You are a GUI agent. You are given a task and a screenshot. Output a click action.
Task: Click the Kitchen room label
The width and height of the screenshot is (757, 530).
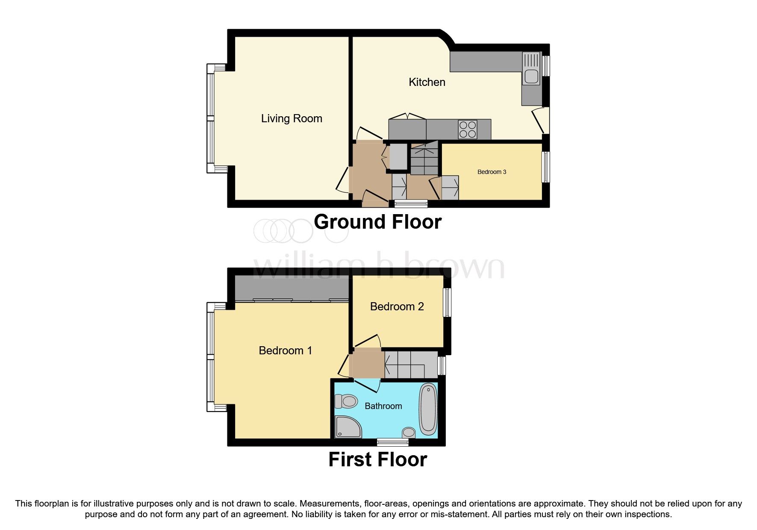click(427, 82)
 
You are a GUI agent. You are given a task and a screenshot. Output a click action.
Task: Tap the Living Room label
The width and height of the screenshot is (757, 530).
click(292, 118)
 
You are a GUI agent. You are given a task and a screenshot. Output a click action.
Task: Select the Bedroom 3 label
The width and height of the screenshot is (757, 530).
click(492, 172)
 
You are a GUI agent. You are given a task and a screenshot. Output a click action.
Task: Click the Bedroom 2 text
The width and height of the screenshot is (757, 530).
click(397, 306)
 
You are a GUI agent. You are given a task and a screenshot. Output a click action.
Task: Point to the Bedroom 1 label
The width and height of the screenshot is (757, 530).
click(285, 350)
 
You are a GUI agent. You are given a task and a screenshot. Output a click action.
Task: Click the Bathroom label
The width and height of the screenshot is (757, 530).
click(383, 406)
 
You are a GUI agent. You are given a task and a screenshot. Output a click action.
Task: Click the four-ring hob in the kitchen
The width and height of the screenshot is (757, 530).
click(467, 130)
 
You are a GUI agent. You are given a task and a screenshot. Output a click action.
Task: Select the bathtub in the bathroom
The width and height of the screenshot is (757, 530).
click(428, 409)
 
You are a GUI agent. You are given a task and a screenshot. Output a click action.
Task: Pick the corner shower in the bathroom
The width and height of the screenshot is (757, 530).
click(347, 427)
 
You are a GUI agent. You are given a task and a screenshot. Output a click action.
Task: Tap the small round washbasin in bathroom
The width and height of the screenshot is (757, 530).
click(409, 433)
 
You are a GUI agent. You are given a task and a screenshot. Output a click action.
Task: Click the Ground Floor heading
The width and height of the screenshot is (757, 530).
click(377, 222)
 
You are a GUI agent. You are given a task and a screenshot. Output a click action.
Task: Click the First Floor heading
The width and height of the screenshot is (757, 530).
click(377, 459)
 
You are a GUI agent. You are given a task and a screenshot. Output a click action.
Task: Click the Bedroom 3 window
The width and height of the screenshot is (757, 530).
click(546, 167)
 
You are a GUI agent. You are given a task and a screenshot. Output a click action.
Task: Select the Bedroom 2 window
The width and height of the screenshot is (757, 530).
click(447, 302)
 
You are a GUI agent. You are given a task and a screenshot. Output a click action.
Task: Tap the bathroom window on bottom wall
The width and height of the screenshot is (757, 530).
click(392, 442)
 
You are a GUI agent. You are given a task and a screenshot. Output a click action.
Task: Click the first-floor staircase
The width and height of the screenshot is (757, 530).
click(410, 365)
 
